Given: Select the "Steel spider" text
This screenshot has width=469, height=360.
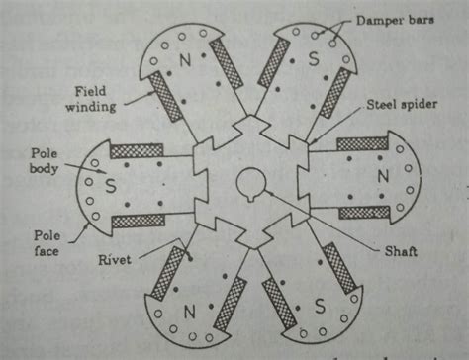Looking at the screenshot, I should point(396,103).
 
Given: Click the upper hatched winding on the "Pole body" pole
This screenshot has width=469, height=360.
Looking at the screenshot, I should point(136,151).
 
